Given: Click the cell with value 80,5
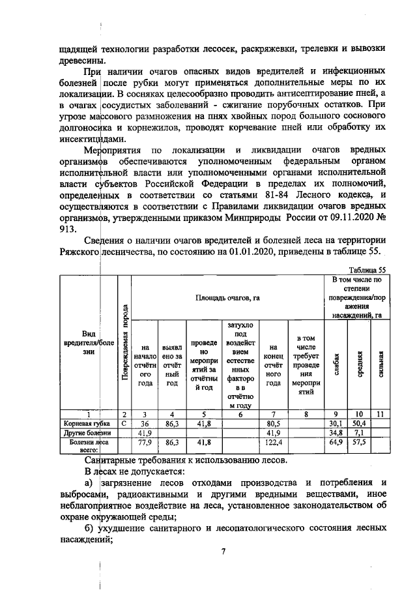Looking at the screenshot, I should pos(273,422).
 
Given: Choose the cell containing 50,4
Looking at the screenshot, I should pos(358,422).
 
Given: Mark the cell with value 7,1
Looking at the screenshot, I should pos(358,432).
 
